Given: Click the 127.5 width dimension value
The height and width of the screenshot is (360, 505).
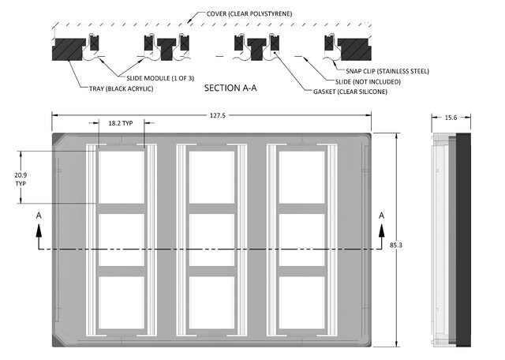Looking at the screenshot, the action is tap(218, 115).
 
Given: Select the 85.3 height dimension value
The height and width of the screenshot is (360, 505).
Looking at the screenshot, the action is tap(396, 245).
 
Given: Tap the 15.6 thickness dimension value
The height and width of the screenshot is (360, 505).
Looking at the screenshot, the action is tap(451, 118).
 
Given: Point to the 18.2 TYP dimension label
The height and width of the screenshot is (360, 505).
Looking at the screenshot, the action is tap(121, 123).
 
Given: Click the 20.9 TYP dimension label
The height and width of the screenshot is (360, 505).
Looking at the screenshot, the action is tap(21, 179).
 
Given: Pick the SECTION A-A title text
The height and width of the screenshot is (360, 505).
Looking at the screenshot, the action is tap(230, 88).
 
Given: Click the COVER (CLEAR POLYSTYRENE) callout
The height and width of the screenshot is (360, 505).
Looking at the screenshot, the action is tap(249, 14).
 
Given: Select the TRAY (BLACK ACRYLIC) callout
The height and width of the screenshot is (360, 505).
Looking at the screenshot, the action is tap(121, 88).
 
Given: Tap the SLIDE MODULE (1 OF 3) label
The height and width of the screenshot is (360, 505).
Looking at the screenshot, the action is tap(160, 78).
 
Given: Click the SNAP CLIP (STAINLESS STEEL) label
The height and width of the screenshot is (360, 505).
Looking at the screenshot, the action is tap(387, 71).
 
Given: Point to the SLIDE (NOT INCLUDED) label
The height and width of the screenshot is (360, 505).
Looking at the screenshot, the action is tap(368, 82).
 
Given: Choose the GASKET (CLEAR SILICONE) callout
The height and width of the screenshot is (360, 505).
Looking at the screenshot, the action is tap(350, 92).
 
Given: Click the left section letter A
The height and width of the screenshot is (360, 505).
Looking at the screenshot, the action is tap(39, 216).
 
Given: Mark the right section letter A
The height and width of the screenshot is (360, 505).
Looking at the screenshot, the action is tap(382, 216).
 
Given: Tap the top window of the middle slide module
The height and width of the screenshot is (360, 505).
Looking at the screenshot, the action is tap(211, 178).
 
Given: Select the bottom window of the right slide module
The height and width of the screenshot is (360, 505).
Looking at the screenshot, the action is tap(301, 302).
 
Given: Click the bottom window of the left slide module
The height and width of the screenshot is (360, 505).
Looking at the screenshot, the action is tap(122, 302).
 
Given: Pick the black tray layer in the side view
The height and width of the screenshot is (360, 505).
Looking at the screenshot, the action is tap(463, 240).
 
